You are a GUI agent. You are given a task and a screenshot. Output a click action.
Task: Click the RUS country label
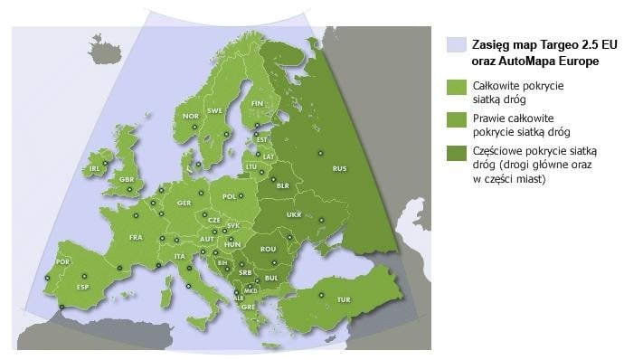(340, 168)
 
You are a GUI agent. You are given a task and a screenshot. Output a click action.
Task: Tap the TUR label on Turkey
(343, 299)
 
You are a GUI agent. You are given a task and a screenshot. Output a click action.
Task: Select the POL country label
(229, 195)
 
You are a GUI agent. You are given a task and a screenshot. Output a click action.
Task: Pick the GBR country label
(128, 180)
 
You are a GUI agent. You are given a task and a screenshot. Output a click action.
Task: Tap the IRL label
(93, 168)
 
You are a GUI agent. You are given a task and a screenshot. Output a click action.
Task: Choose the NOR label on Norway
(191, 116)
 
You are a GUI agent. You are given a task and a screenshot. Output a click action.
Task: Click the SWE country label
(215, 110)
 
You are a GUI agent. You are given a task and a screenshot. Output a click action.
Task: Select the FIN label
(257, 104)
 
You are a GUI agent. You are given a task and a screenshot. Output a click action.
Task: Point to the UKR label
(294, 214)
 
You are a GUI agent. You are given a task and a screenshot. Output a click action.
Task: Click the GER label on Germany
(184, 203)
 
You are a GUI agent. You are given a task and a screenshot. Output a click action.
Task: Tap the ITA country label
(180, 256)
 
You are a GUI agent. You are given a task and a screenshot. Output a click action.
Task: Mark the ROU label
(268, 248)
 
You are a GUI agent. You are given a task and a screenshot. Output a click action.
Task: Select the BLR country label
(282, 185)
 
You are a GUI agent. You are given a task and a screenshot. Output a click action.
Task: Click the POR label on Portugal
(62, 261)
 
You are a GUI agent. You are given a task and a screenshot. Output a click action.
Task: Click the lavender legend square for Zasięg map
(458, 44)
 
